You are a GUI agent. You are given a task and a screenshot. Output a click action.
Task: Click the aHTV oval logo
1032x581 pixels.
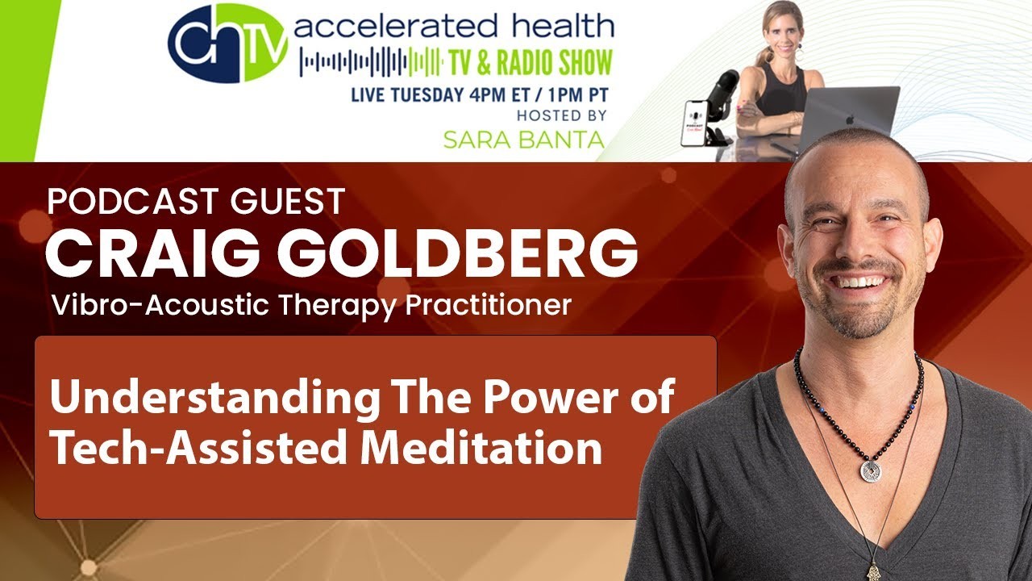[x=228, y=43]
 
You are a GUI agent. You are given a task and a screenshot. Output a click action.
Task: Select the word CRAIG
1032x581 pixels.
[x=152, y=253]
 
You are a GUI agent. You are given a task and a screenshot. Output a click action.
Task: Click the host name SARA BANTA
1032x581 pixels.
[x=524, y=140]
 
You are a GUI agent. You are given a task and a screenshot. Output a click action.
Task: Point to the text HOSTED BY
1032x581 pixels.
[x=562, y=115]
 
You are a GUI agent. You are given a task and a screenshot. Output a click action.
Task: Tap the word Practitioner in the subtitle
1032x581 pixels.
[x=489, y=305]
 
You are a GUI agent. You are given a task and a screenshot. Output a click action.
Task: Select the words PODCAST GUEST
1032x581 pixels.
[x=196, y=201]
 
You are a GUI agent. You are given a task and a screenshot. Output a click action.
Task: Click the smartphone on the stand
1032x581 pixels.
[x=695, y=123]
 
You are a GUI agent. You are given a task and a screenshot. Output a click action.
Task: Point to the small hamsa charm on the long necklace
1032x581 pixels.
[x=872, y=569]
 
